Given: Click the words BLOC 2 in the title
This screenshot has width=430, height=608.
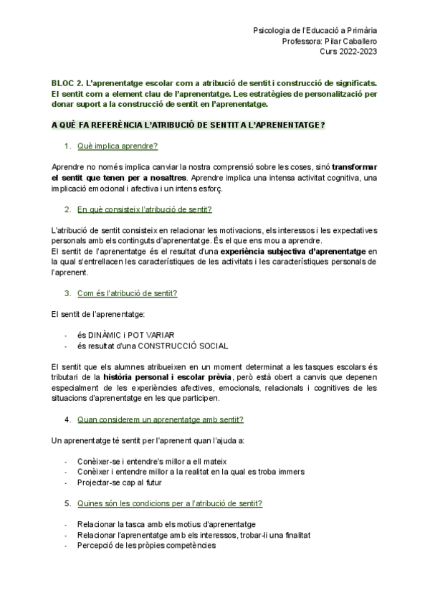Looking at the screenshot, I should [x=68, y=83].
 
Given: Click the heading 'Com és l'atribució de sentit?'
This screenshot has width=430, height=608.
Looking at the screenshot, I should [x=127, y=293].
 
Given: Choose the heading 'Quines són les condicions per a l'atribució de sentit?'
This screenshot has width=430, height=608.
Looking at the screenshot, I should [x=169, y=503].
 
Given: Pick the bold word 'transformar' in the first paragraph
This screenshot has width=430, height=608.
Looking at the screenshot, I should [x=355, y=167].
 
